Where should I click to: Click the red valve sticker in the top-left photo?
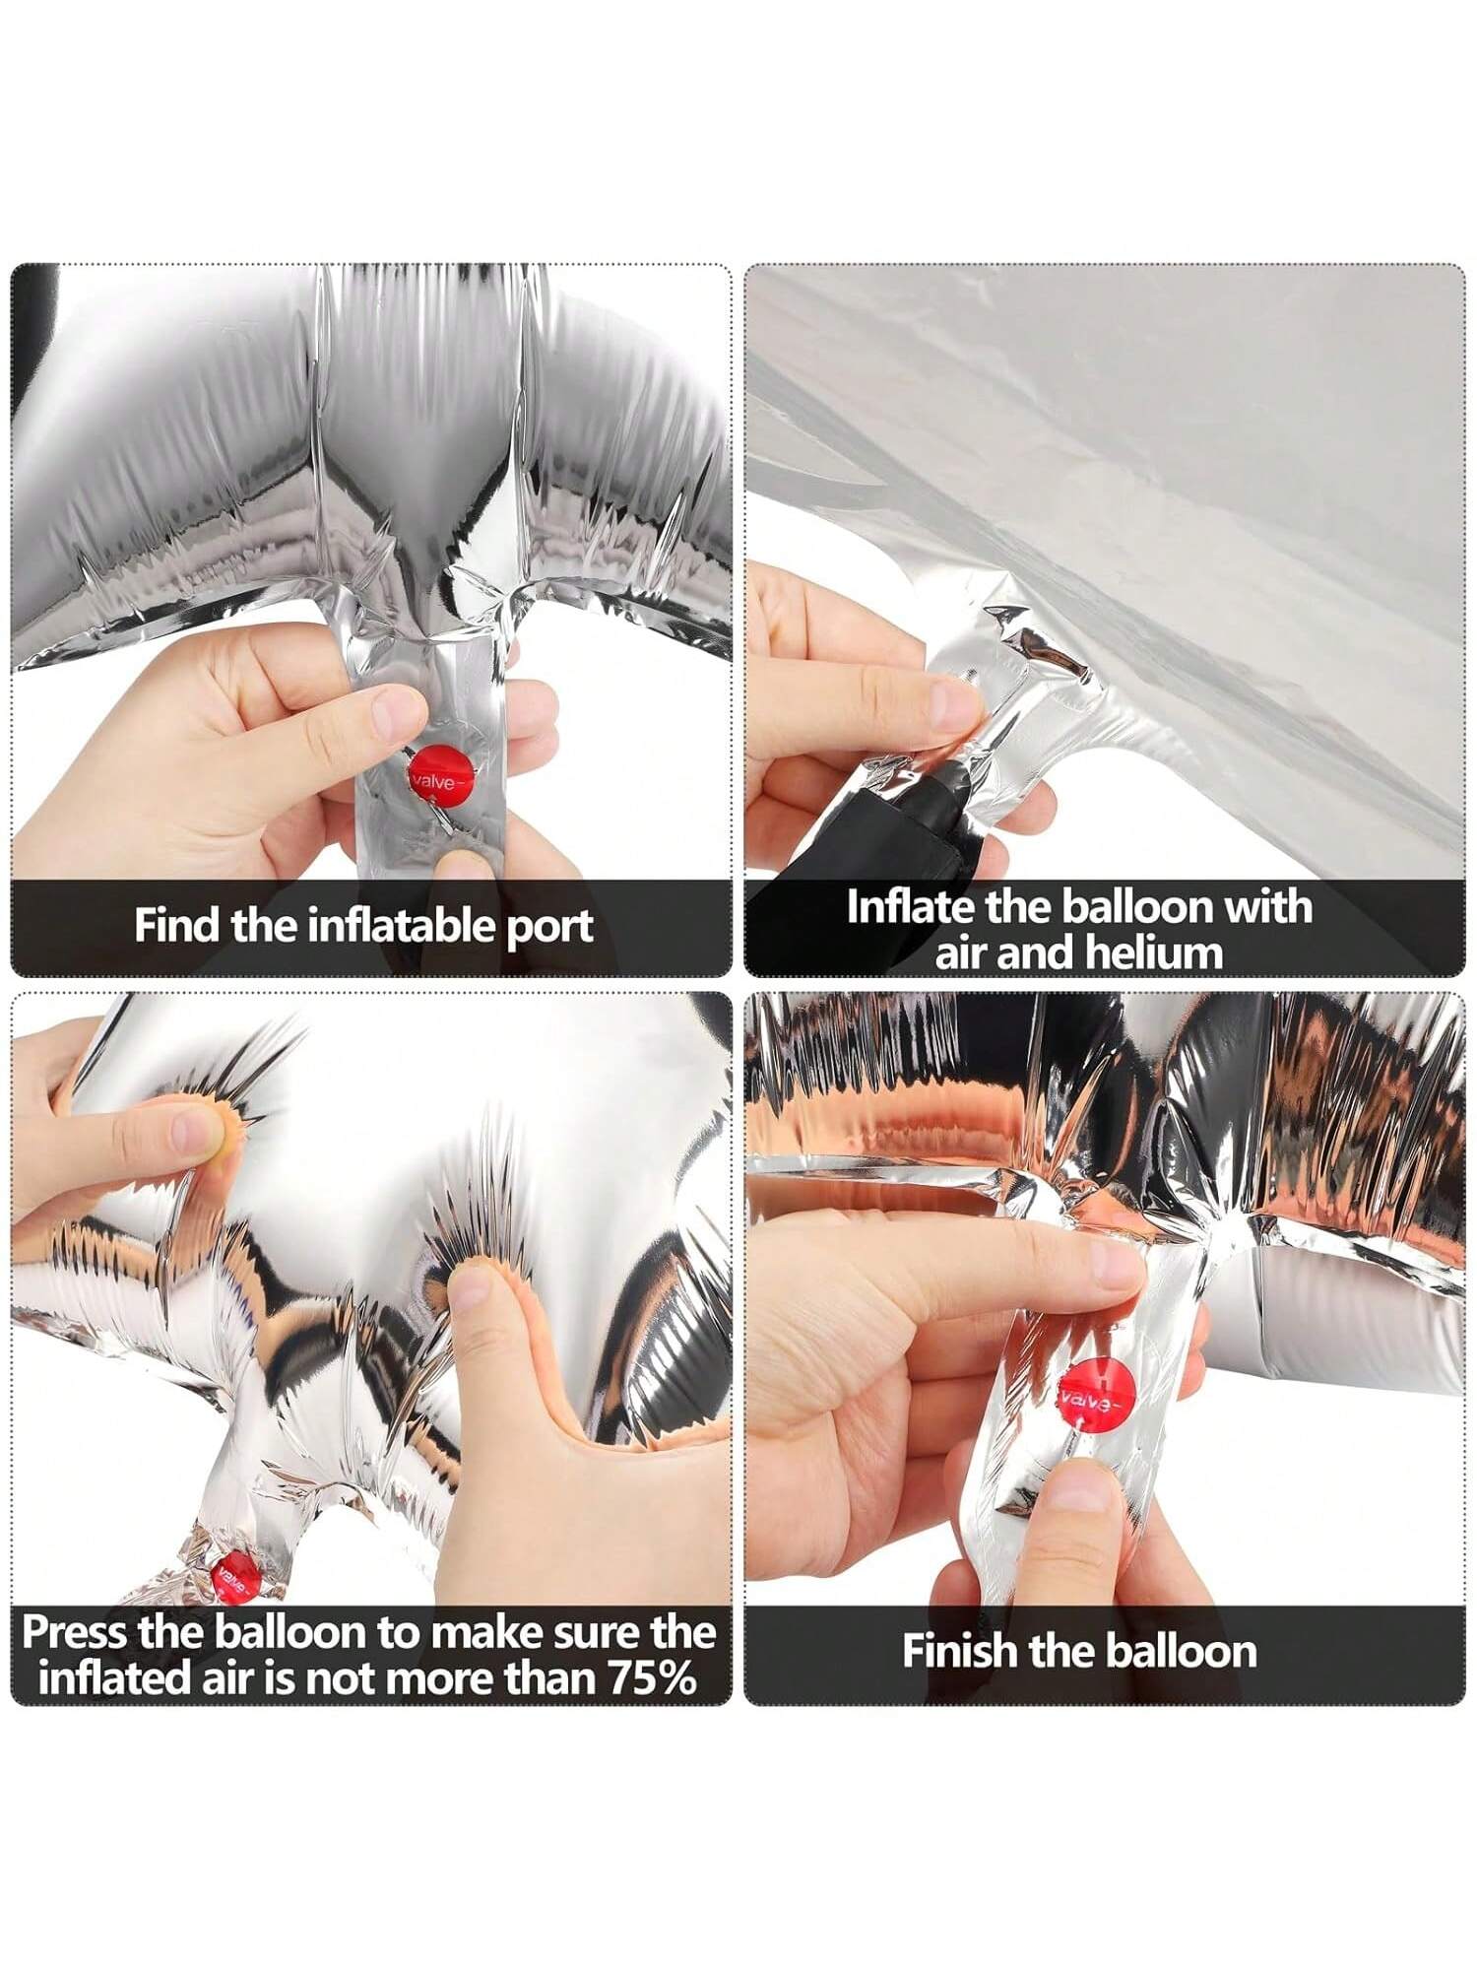[x=442, y=775]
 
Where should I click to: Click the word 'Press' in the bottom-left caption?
[x=75, y=1633]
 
